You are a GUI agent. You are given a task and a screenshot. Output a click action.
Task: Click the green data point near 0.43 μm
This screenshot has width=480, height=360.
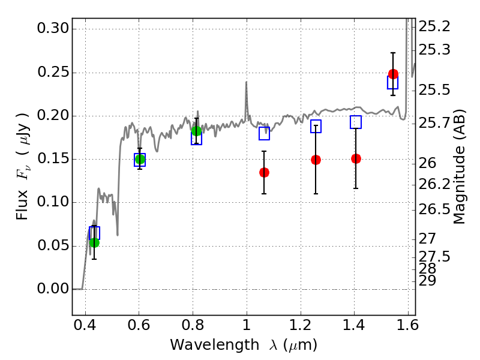(x=94, y=242)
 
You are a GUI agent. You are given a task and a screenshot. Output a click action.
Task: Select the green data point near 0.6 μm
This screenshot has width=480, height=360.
(x=140, y=160)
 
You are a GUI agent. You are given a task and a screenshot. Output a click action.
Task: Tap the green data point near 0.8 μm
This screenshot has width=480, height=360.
(x=196, y=131)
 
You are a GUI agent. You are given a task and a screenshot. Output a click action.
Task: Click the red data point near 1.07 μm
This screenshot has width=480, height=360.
(x=264, y=172)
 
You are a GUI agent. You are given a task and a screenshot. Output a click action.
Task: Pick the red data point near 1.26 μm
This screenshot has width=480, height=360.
(x=316, y=160)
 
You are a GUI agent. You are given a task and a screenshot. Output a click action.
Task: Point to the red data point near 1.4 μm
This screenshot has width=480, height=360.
(x=356, y=158)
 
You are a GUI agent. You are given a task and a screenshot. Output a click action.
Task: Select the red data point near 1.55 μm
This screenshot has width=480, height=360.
(x=393, y=74)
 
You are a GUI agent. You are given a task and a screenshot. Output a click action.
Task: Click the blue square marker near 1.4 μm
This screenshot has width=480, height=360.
(x=356, y=122)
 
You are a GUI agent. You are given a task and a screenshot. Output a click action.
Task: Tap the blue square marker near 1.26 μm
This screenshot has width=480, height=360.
(x=316, y=126)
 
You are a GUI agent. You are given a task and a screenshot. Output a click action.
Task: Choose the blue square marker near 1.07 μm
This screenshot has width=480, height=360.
(x=264, y=133)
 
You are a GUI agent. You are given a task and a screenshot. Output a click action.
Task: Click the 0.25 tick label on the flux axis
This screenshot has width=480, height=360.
(x=53, y=73)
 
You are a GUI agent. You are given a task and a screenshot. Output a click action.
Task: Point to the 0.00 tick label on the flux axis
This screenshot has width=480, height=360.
(x=53, y=289)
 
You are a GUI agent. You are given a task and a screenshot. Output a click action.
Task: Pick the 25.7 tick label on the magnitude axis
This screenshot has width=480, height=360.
(x=434, y=124)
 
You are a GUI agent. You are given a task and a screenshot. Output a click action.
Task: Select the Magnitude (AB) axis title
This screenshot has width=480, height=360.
(x=460, y=167)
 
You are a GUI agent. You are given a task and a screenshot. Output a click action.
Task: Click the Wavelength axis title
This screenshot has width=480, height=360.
(x=243, y=345)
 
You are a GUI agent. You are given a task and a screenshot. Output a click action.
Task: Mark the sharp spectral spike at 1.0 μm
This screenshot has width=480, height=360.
(x=246, y=84)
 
